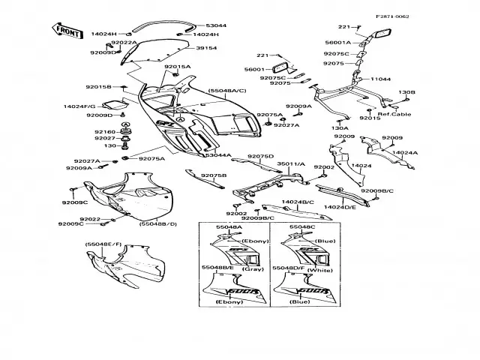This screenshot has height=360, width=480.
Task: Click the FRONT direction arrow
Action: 66,31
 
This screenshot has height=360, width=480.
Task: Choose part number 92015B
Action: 98,87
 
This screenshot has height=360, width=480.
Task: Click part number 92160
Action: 104,132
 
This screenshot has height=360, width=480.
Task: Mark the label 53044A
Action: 217,155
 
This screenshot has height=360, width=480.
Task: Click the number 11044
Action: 380,79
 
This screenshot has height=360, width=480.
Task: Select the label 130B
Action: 406,91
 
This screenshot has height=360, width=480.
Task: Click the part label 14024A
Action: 405,152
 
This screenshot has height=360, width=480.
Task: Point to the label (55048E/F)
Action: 103,244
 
